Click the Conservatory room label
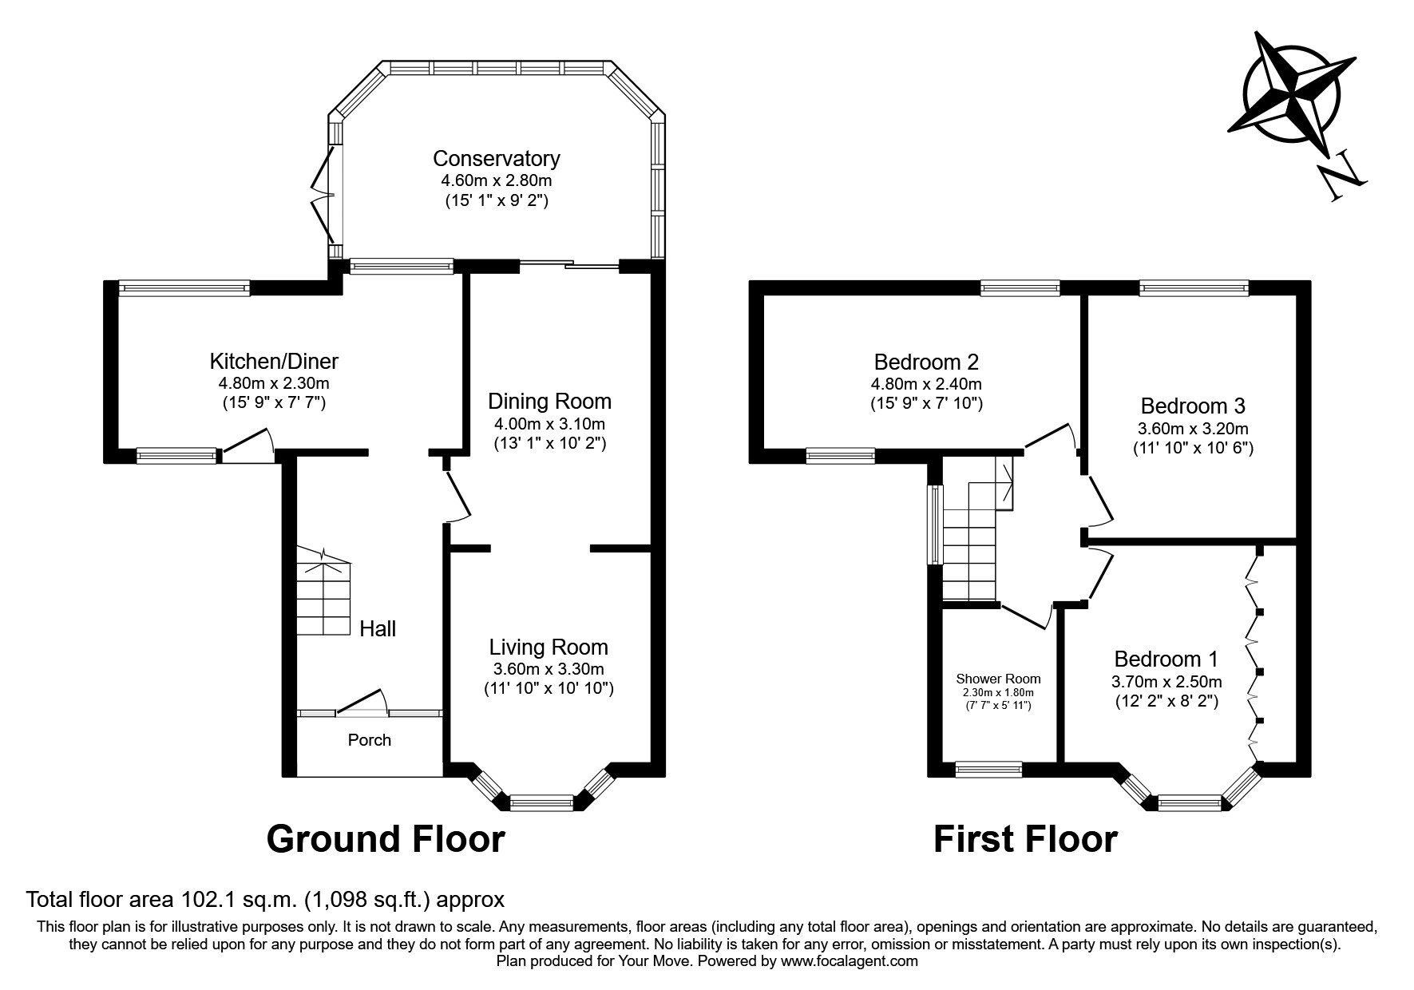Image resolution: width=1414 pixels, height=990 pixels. click(x=496, y=158)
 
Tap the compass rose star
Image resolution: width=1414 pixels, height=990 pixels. click(x=1290, y=94)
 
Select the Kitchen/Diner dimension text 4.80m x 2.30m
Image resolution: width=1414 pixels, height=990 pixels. click(x=274, y=383)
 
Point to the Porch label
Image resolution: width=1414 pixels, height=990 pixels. click(x=369, y=740)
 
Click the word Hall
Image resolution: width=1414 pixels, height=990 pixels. click(x=377, y=629)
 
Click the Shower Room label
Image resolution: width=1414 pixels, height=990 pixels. click(x=998, y=679)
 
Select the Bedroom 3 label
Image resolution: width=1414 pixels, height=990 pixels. click(x=1193, y=406)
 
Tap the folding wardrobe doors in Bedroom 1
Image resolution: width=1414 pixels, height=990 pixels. click(x=1254, y=655)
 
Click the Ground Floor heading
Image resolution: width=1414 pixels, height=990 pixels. click(x=386, y=839)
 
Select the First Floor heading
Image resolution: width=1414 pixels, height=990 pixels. click(x=1025, y=839)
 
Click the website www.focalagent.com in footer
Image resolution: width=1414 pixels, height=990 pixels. click(x=849, y=962)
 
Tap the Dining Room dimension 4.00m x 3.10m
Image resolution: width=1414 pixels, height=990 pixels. click(x=549, y=423)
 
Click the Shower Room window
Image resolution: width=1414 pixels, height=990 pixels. click(x=988, y=770)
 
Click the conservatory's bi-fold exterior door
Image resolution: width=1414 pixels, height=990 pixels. click(x=324, y=196)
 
